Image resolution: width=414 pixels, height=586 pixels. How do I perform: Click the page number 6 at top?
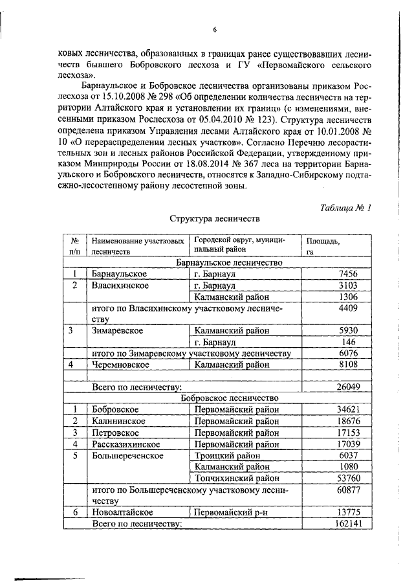click(214, 29)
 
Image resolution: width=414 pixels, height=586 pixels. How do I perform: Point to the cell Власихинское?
click(121, 286)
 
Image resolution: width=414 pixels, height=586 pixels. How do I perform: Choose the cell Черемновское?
click(121, 365)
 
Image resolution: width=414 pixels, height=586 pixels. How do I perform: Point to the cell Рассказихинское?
click(129, 444)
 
